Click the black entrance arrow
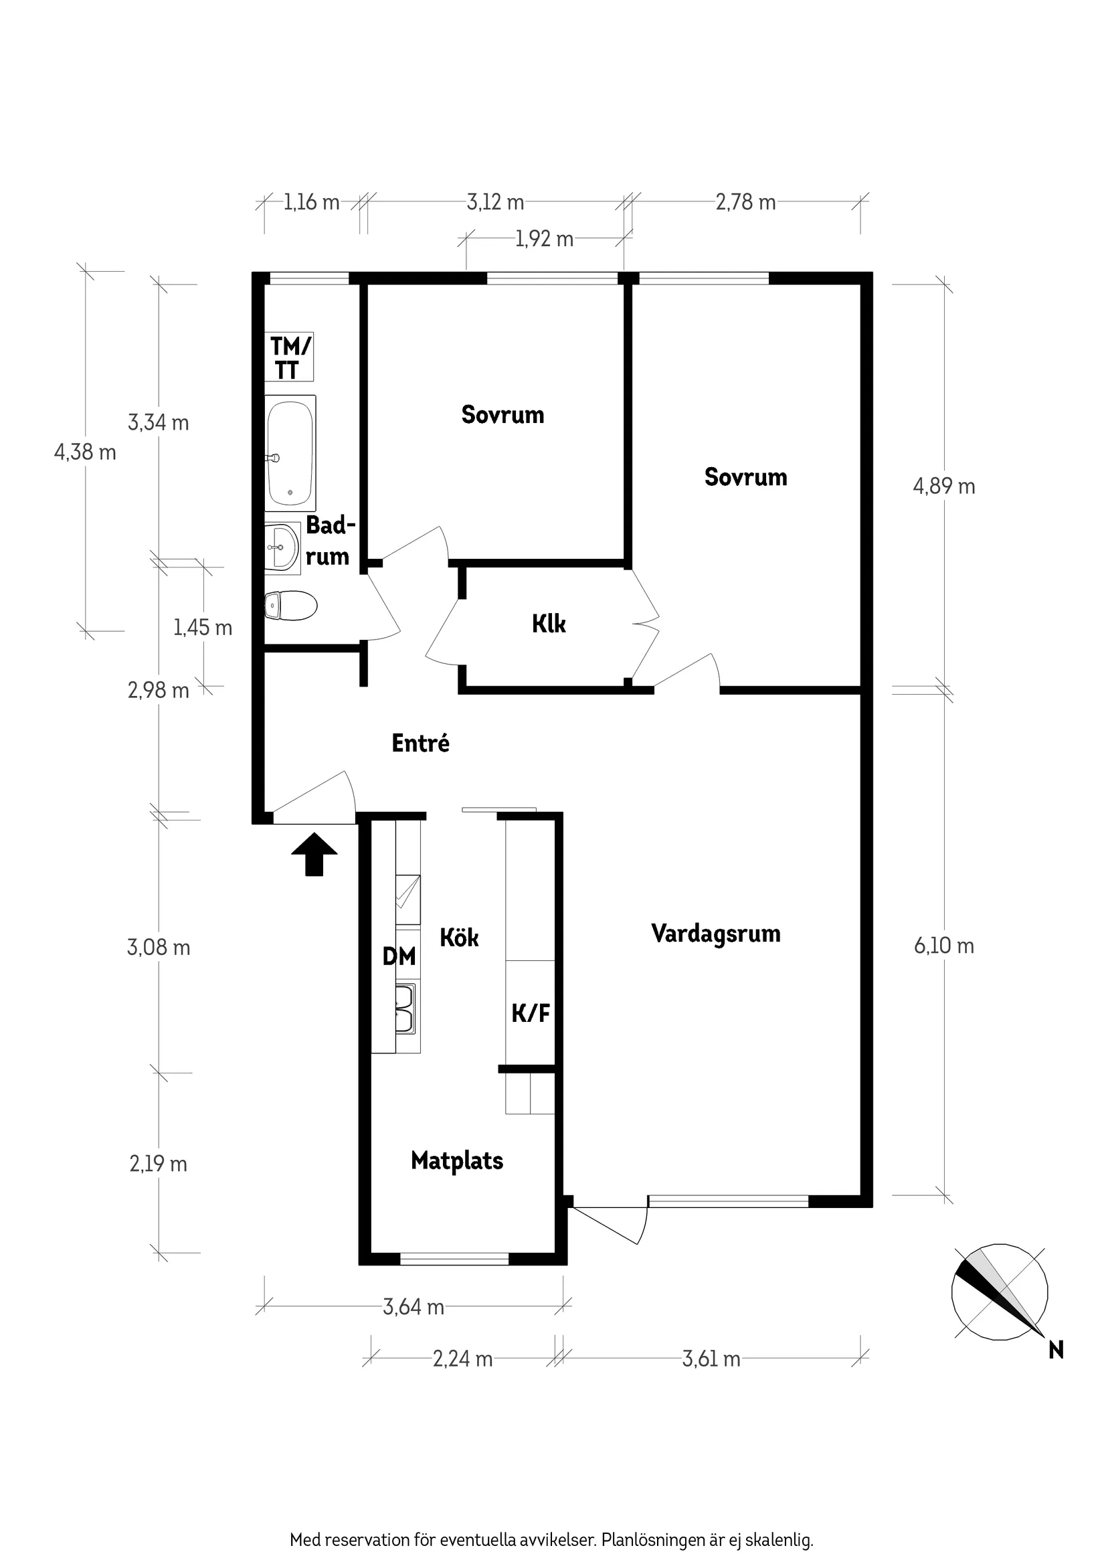pos(314,854)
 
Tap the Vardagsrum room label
pos(716,934)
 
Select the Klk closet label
pos(549,624)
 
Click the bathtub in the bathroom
pos(290,453)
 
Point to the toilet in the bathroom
pos(290,606)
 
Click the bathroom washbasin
pos(282,547)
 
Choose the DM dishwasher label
pos(399,956)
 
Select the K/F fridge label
pos(531,1014)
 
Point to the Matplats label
pos(457,1160)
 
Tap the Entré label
pos(420,743)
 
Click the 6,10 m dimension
pos(943,946)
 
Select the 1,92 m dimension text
pos(544,240)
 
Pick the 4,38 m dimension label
pos(85,452)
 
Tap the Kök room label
pos(459,938)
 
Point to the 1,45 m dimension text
pos(203,627)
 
